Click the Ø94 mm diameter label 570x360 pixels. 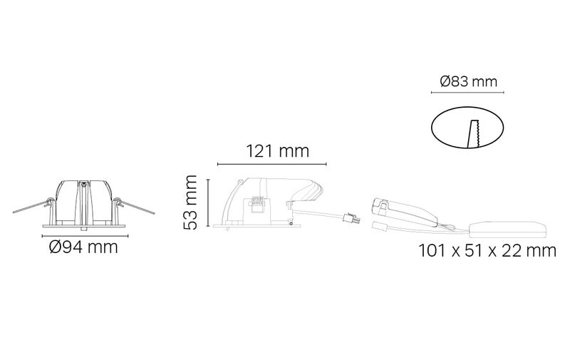[83, 247]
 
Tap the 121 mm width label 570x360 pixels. [278, 151]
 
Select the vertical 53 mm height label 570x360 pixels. [190, 202]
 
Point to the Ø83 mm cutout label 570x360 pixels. [469, 81]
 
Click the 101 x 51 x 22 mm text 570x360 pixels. [487, 250]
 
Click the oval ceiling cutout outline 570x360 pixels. [432, 128]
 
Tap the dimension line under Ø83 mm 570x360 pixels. [467, 93]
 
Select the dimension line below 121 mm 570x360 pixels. [272, 165]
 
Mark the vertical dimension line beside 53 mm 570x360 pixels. [208, 202]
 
